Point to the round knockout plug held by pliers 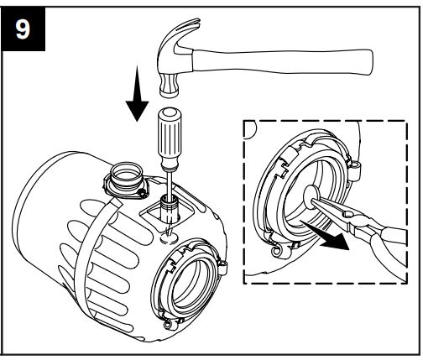(x=311, y=200)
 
